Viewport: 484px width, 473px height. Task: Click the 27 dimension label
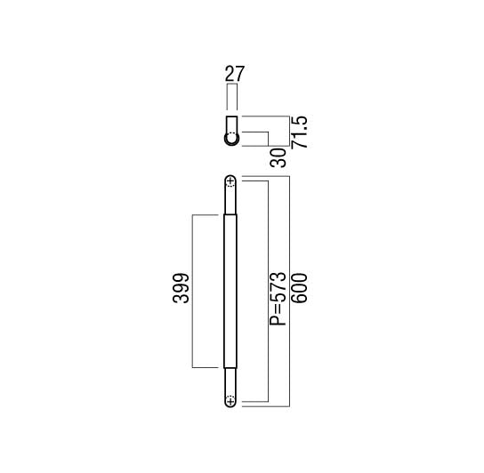[235, 74]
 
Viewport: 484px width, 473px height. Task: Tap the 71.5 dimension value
[300, 132]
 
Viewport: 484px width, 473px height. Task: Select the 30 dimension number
[278, 157]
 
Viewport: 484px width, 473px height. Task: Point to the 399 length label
[181, 288]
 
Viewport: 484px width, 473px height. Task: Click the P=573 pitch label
[278, 299]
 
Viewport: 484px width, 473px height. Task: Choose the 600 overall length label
[300, 288]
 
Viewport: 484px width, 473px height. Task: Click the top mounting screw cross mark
[230, 181]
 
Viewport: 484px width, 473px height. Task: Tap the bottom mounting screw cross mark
[230, 401]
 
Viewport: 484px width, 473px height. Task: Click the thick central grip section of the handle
[230, 292]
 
